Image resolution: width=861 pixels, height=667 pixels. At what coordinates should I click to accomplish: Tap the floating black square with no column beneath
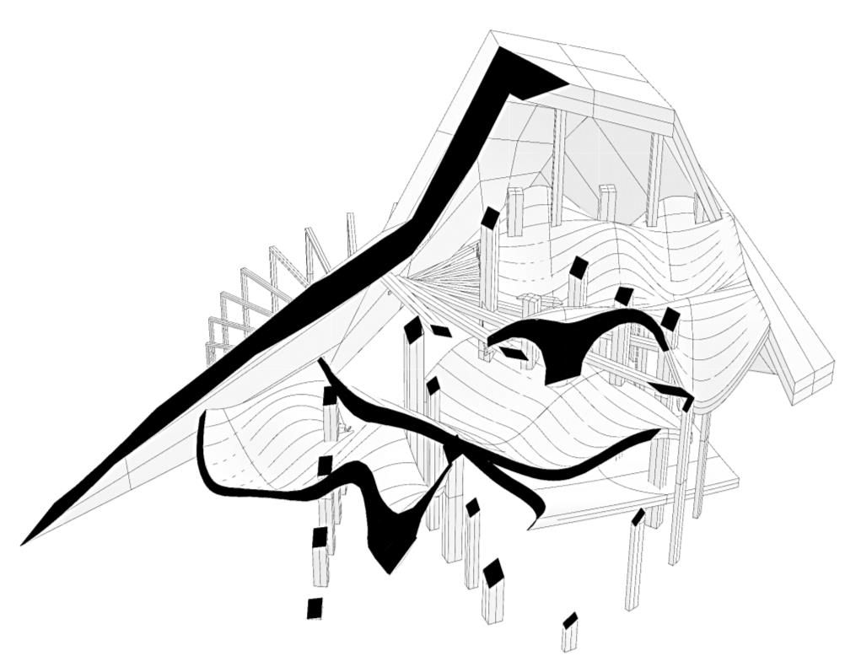point(315,607)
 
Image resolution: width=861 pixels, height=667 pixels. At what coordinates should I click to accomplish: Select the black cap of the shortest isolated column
point(570,621)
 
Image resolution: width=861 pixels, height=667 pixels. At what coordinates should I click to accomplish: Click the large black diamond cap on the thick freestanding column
point(493,573)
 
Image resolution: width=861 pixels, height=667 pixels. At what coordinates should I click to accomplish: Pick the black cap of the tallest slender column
point(490,218)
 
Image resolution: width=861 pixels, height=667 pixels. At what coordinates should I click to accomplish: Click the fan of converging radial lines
point(439,274)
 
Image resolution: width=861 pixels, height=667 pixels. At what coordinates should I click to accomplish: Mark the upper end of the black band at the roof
point(531,72)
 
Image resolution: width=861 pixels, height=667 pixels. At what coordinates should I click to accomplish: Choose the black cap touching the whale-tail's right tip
point(670,320)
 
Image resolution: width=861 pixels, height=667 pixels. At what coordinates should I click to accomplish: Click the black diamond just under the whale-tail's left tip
point(513,353)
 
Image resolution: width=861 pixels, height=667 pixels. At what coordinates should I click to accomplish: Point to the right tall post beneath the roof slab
point(655,177)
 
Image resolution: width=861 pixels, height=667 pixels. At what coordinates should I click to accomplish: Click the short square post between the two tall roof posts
point(606,202)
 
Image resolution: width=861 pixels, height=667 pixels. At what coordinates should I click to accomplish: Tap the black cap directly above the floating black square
point(320,536)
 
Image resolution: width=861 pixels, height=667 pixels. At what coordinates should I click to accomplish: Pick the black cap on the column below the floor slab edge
point(638,516)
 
